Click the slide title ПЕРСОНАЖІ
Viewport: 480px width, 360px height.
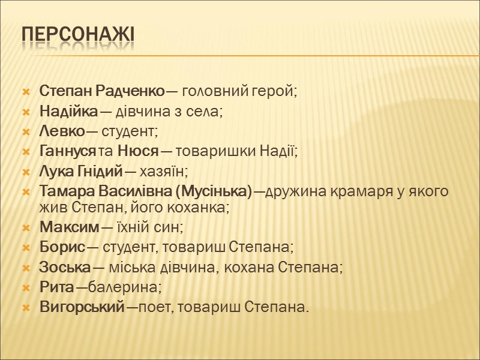(x=77, y=35)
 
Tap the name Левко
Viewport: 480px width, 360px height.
(x=59, y=131)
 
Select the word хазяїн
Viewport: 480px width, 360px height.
(x=164, y=171)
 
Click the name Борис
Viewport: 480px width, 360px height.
(x=56, y=247)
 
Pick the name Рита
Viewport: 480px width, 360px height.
(x=53, y=287)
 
